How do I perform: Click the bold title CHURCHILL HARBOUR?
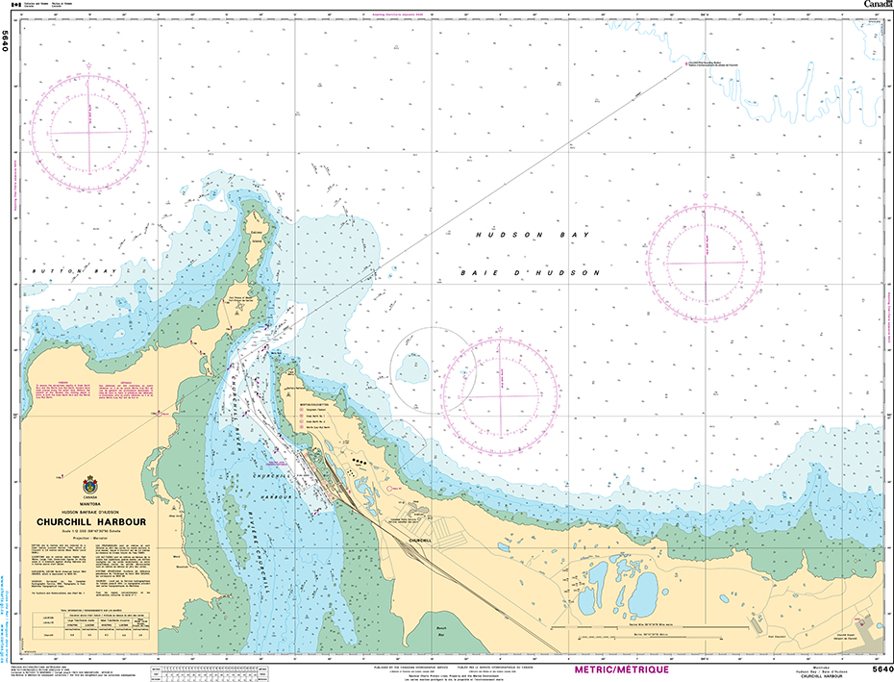click(x=90, y=522)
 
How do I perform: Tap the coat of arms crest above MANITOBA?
click(x=90, y=484)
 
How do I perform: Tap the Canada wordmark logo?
click(x=877, y=5)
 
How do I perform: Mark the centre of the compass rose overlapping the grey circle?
click(x=500, y=395)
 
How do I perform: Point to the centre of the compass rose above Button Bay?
click(x=88, y=131)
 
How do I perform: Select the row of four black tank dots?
click(x=360, y=463)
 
